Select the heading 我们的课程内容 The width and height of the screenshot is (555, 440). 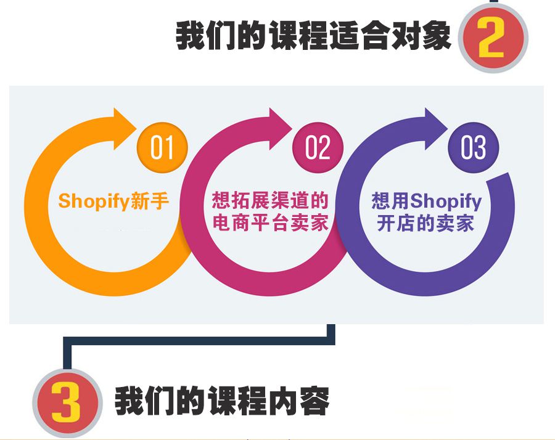click(222, 401)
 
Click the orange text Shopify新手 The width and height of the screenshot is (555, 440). click(113, 202)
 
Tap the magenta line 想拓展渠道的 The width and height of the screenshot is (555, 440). click(270, 200)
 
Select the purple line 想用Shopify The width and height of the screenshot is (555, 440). click(426, 200)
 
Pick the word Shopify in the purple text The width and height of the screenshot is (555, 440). click(446, 201)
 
